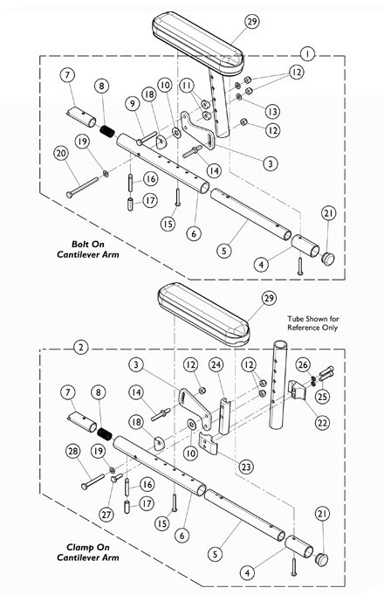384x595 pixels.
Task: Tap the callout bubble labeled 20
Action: pyautogui.click(x=61, y=154)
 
